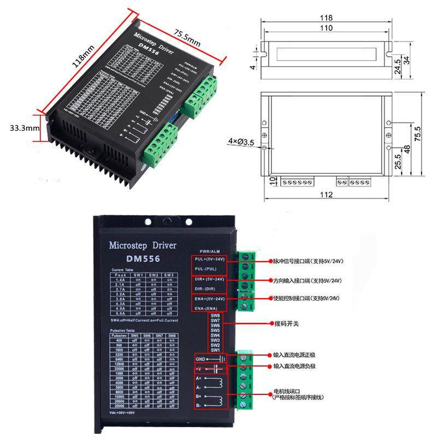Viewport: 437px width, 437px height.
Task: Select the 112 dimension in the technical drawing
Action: pos(326,194)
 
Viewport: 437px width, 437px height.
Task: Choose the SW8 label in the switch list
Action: pos(215,316)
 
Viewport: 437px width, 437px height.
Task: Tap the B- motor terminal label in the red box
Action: pos(199,405)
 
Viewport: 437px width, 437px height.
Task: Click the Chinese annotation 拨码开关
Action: pos(286,323)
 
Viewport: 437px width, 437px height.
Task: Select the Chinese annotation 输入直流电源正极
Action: pos(295,355)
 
